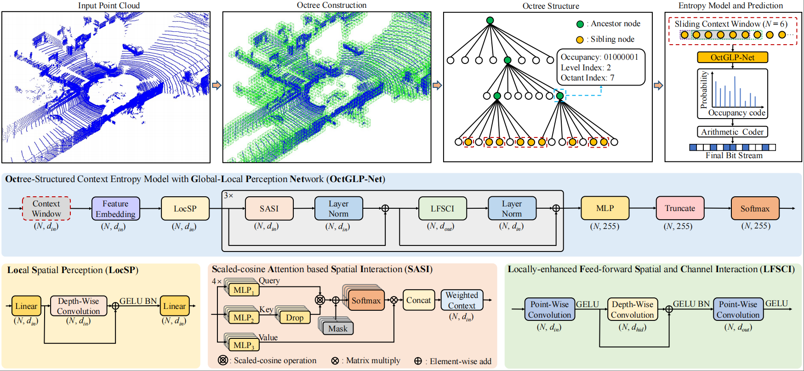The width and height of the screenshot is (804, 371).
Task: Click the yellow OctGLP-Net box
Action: click(732, 57)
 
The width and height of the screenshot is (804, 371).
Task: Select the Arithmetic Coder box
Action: click(732, 132)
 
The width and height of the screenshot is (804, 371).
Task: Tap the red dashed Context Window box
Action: click(46, 209)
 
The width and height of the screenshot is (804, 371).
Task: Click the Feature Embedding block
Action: click(115, 209)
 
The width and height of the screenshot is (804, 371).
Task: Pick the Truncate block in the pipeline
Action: click(680, 208)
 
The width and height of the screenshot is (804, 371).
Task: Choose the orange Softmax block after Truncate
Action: click(755, 209)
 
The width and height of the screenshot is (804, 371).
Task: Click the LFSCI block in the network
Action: click(442, 209)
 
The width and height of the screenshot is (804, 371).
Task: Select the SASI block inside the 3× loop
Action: click(269, 209)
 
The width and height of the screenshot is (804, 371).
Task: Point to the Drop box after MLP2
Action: click(295, 318)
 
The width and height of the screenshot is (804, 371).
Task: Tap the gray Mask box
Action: click(338, 329)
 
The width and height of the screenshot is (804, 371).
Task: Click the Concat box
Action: click(418, 300)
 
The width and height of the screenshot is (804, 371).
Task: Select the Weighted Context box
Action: click(462, 300)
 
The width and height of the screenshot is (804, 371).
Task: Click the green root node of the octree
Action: click(490, 20)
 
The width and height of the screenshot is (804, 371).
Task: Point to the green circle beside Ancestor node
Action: click(580, 24)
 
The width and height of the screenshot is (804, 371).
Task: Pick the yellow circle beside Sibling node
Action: click(580, 40)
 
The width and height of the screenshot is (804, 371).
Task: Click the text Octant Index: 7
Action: click(587, 78)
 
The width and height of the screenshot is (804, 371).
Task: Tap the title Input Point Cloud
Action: click(109, 6)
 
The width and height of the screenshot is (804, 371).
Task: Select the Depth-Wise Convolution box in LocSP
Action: click(79, 306)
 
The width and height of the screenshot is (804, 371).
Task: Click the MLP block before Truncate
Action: click(605, 208)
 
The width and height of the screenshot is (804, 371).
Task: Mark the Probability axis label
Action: click(703, 90)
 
